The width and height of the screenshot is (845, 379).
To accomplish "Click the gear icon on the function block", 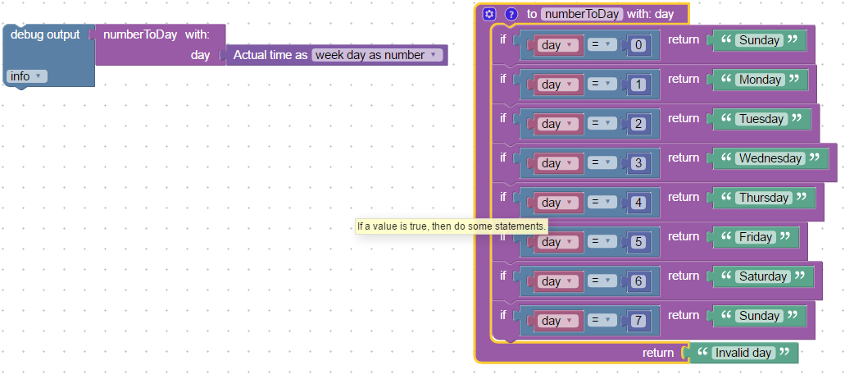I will click(x=489, y=14).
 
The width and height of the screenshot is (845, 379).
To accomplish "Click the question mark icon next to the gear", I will click(x=511, y=14).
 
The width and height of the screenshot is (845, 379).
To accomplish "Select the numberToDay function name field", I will click(x=582, y=14).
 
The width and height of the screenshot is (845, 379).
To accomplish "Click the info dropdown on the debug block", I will click(x=27, y=76).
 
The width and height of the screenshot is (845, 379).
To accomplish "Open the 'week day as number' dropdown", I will click(x=377, y=55).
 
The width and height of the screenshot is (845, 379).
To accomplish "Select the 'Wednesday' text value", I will click(x=770, y=159).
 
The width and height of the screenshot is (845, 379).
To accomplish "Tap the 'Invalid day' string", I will click(x=743, y=353).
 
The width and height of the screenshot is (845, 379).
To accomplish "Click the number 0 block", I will click(x=638, y=45).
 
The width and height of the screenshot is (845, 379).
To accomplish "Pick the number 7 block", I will click(x=638, y=321).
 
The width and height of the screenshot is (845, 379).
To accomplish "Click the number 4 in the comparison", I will click(x=638, y=203).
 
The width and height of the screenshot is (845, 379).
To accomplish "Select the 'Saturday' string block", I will click(x=763, y=277).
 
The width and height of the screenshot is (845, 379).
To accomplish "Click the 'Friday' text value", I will click(x=756, y=238).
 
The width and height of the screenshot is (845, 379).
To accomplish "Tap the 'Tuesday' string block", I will click(x=761, y=120).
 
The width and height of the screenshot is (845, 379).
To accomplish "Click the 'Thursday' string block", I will click(x=764, y=199).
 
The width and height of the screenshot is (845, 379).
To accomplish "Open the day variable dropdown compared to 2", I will click(x=557, y=124).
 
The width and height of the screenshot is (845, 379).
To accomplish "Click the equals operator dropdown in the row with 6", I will click(x=601, y=281).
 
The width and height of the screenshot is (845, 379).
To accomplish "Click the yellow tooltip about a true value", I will click(x=452, y=226).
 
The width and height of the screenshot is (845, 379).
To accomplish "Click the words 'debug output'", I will click(x=45, y=34).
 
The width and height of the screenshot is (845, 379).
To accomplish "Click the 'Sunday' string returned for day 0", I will click(x=759, y=41).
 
